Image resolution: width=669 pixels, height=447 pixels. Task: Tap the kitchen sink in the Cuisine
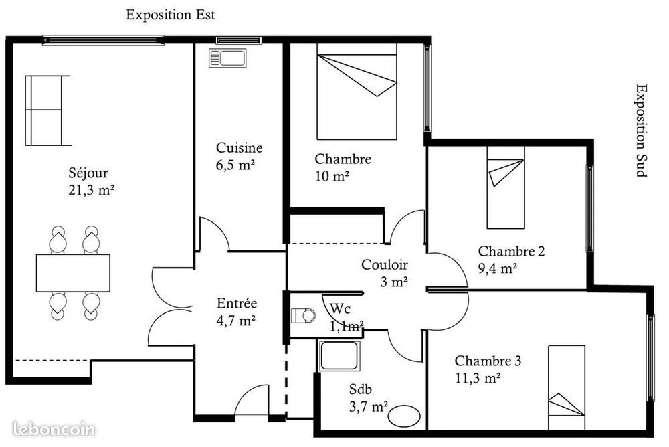pos(228,58)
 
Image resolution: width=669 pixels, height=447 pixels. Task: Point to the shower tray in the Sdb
pos(340,355)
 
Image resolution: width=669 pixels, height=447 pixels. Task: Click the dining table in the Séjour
pos(73,272)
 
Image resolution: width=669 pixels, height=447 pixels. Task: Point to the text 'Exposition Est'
pos(171,15)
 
